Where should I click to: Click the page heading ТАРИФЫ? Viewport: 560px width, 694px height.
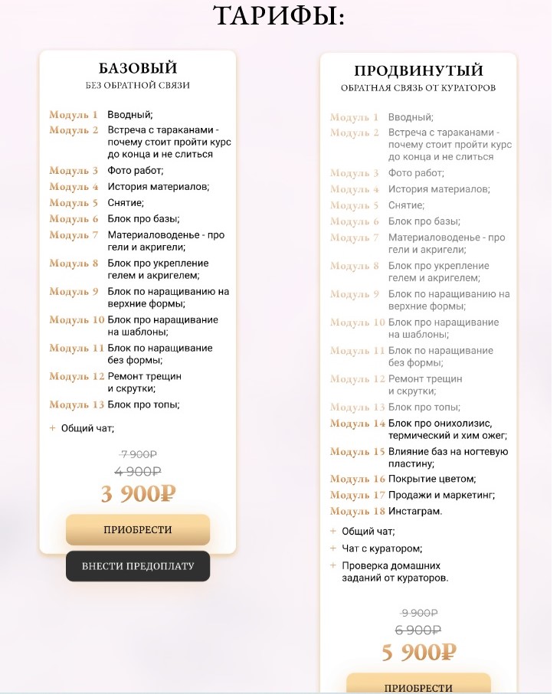point(279,16)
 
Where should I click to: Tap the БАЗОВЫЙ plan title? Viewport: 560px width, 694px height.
point(138,69)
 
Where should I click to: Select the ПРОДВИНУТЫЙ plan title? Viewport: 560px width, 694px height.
point(418,71)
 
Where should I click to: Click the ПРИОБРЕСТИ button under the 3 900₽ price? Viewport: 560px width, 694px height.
point(138,529)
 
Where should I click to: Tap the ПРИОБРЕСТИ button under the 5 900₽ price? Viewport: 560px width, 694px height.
point(418,686)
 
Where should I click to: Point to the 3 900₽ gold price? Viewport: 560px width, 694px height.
point(138,494)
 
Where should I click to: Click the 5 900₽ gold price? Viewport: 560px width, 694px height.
point(418,653)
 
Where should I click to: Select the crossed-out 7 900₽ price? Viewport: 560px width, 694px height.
point(138,455)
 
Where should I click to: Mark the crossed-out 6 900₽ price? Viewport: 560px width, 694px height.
point(418,630)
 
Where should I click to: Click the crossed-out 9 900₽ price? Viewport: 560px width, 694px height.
point(418,613)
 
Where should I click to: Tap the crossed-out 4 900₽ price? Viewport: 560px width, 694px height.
point(138,472)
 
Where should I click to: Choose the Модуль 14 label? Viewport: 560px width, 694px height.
point(357,424)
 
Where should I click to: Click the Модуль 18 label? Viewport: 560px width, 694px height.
point(357,511)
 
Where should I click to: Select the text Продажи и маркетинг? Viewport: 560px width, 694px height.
point(441,495)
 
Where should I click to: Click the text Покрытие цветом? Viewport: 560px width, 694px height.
point(432,479)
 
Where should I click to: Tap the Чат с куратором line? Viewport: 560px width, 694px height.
point(382,548)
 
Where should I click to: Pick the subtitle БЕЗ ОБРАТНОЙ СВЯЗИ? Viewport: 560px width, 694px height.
point(138,86)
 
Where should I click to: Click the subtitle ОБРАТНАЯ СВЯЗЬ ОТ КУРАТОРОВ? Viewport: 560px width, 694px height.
point(418,88)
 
